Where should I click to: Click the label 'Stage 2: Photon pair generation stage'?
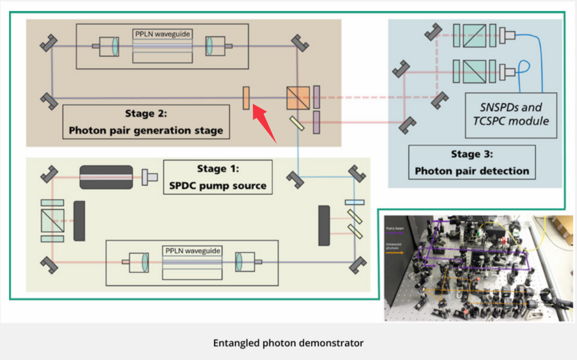146,122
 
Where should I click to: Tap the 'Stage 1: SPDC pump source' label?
217,177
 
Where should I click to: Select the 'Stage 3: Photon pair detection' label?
472,163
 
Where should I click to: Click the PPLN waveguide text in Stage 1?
192,250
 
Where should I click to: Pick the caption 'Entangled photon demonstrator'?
288,342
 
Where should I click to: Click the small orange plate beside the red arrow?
246,98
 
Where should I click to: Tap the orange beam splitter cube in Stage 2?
298,99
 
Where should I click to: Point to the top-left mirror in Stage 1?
47,174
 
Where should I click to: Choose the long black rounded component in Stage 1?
106,176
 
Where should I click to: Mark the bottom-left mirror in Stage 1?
47,263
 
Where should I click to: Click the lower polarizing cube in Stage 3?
466,69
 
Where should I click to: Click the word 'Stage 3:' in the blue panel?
472,155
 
